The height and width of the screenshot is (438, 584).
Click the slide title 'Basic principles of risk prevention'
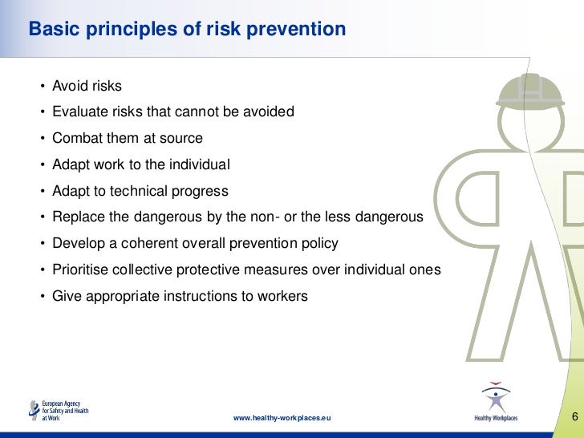(187, 30)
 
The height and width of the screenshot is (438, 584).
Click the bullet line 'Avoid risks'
(87, 86)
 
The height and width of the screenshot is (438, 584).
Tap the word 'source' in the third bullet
(181, 138)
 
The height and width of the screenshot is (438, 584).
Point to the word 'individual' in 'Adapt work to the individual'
(201, 164)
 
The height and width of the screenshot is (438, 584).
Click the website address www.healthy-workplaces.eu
(282, 419)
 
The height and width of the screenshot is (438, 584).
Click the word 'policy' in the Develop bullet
(318, 243)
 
